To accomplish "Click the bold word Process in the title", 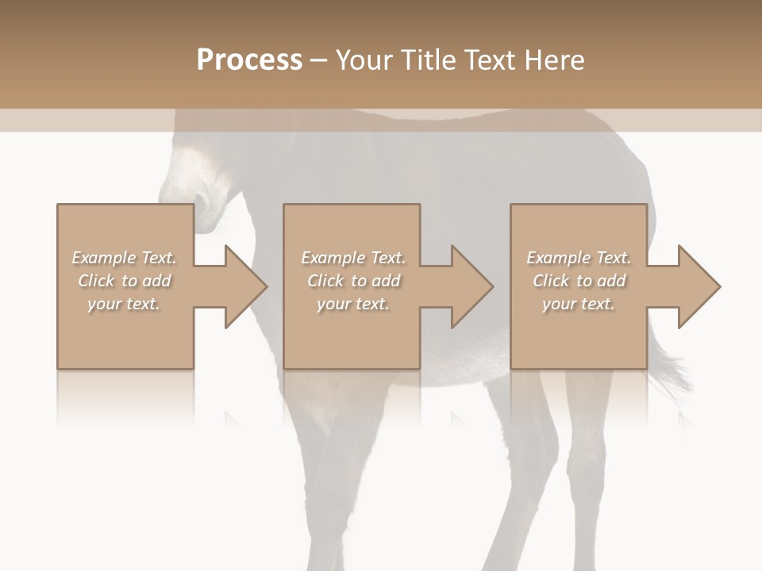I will point(249,60).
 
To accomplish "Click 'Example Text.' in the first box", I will point(124,258).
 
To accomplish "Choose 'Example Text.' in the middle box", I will point(353,258).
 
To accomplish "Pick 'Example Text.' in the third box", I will point(579,258).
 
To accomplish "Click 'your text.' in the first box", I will point(124,304).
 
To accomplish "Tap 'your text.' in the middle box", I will point(353,304).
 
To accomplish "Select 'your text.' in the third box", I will point(579,304).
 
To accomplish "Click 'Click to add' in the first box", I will point(124,281).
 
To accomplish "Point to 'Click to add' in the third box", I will point(579,281).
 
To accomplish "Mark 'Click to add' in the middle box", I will point(353,281).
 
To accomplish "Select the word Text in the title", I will point(489,60).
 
